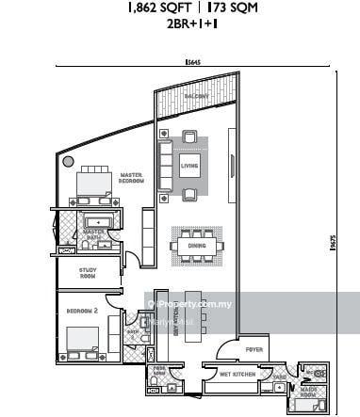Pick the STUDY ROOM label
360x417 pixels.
pyautogui.click(x=88, y=274)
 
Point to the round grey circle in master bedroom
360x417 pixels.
pyautogui.click(x=68, y=161)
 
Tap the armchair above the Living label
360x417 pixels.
pyautogui.click(x=191, y=141)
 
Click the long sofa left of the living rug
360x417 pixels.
pyautogui.click(x=163, y=168)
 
